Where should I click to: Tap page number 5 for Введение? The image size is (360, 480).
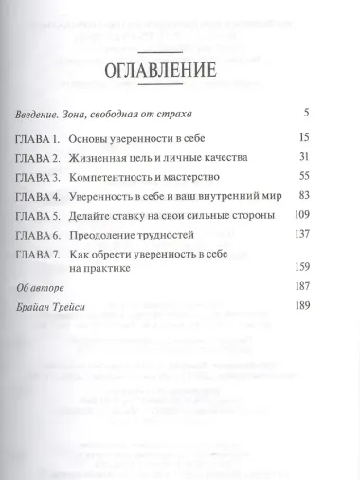pos(335,114)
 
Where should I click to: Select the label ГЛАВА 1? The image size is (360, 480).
pos(38,138)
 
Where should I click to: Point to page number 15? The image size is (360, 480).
pos(332,138)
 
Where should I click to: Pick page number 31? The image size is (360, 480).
pos(332,158)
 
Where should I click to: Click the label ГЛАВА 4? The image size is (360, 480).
pos(38,197)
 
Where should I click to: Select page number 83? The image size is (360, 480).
pos(332,197)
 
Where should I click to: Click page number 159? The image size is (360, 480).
pos(329,293)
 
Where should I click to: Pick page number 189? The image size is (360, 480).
pos(329,333)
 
